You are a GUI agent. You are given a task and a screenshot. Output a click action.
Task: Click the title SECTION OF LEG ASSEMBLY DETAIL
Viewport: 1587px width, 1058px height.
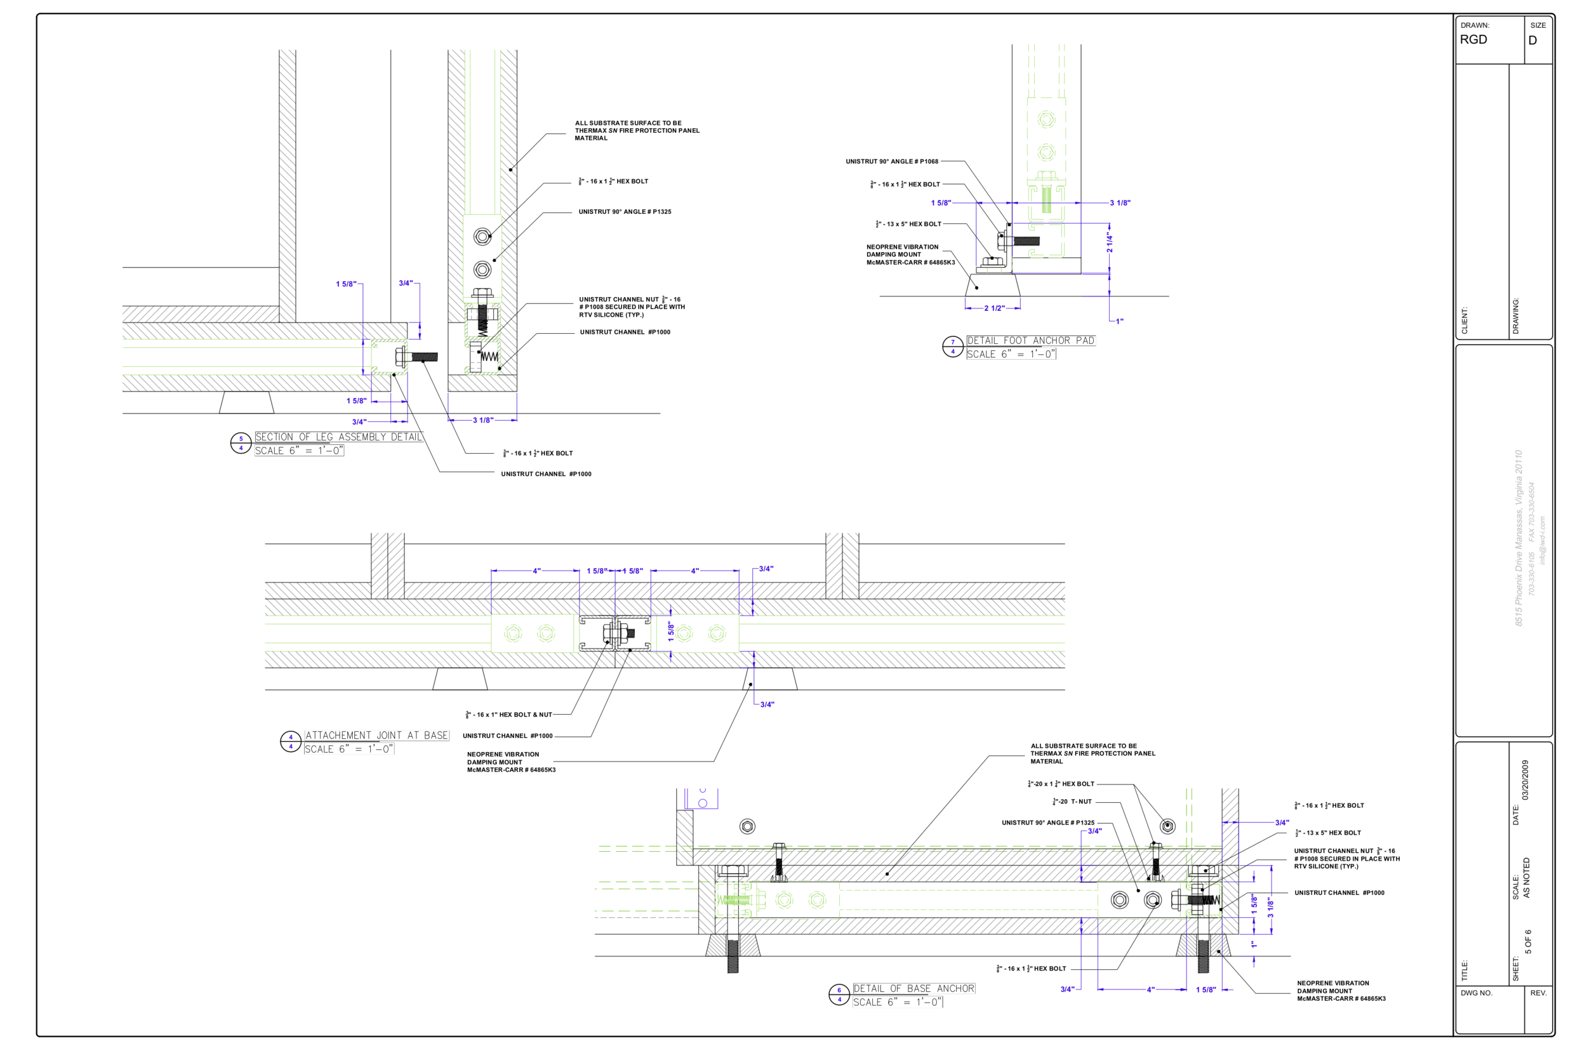click(x=338, y=437)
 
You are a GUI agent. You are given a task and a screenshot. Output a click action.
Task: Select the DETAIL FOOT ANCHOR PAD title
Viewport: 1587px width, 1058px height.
click(x=1030, y=341)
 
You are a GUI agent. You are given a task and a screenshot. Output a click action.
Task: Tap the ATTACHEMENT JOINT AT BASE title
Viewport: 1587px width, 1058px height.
click(x=376, y=736)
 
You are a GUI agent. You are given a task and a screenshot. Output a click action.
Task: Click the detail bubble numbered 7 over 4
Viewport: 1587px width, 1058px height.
click(x=952, y=347)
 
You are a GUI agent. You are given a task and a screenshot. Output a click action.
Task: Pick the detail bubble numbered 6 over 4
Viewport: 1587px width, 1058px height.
click(x=839, y=995)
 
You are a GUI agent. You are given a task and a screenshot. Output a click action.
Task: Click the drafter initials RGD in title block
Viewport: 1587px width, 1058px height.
click(x=1473, y=40)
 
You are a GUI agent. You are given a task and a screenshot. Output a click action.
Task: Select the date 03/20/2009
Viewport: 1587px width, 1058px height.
click(x=1525, y=780)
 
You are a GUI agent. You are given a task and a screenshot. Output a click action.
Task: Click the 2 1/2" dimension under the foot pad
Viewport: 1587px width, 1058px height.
click(x=993, y=308)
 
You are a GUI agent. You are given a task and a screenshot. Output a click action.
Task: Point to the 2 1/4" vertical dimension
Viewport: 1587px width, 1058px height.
click(x=1108, y=242)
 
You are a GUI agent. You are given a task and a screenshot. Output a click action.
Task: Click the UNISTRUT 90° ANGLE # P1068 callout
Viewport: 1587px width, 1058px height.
click(x=891, y=162)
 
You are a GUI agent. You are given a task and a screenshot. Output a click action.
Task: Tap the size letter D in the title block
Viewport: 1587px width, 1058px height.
click(x=1532, y=41)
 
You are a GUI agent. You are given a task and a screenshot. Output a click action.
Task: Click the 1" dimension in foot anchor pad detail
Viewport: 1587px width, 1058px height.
click(x=1119, y=321)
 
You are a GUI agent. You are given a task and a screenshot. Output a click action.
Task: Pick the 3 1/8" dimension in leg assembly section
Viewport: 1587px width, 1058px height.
click(x=482, y=420)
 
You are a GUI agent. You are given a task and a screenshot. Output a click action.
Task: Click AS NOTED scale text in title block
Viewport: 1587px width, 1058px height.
click(x=1526, y=877)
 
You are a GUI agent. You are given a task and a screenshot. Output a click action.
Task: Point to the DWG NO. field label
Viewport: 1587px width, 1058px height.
click(x=1477, y=993)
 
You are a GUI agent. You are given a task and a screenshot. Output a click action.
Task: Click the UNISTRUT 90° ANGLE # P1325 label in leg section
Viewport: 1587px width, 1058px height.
click(x=624, y=212)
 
